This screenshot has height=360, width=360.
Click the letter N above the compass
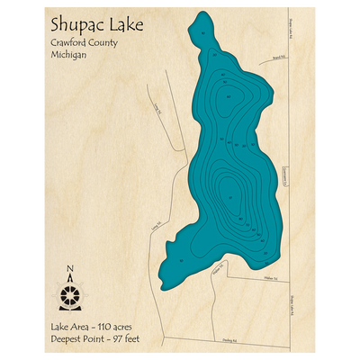70,267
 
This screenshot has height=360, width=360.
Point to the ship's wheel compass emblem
70,292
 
